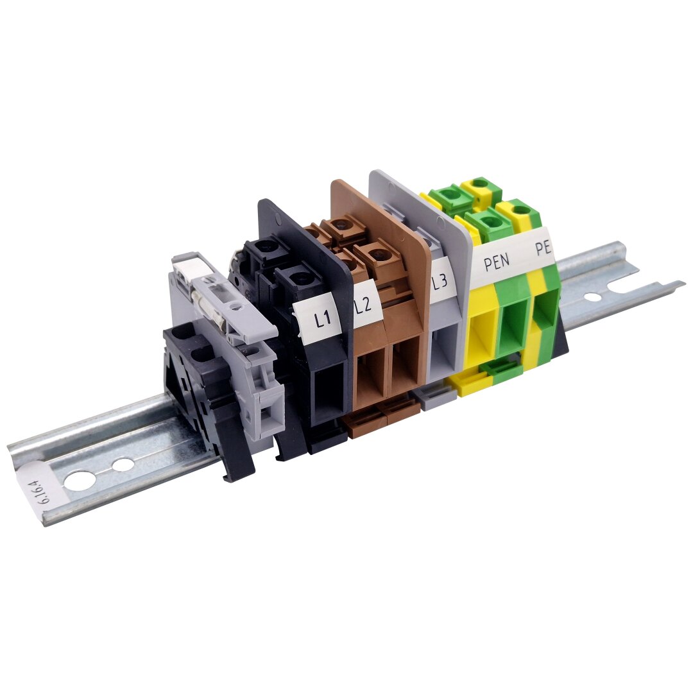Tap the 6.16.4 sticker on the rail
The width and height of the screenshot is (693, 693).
(x=40, y=488)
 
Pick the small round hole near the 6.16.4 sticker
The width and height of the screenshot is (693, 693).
(x=123, y=465)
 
